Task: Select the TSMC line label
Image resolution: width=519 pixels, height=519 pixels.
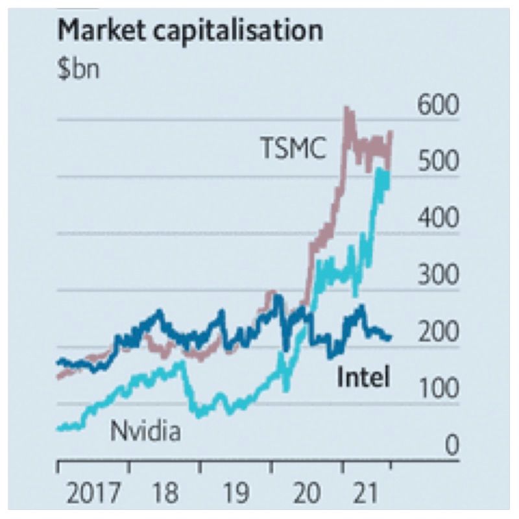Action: coord(293,148)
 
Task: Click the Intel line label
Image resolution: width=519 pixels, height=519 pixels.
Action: coord(363,376)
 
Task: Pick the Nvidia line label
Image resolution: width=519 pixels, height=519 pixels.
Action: coord(145,430)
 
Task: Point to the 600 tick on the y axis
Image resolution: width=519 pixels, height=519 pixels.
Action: coord(437,106)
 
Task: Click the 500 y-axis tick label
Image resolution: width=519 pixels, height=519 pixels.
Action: coord(437,163)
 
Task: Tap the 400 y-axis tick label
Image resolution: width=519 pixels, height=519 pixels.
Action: coord(437,219)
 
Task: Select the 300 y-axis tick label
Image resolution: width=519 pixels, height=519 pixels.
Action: coord(437,276)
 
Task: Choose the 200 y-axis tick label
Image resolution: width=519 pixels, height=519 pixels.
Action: coord(437,333)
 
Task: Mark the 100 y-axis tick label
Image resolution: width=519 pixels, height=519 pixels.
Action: coord(437,389)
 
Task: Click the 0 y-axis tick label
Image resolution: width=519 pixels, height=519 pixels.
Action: coord(452,446)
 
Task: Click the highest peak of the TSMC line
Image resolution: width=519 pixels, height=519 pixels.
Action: coord(348,108)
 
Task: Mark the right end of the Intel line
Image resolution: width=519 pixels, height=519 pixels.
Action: coord(390,337)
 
